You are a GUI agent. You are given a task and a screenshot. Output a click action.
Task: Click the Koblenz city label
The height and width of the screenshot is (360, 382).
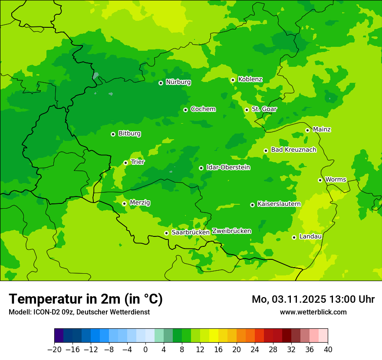pyautogui.click(x=250, y=79)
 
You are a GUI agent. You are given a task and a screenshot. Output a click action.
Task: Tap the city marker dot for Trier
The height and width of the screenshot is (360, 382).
pyautogui.click(x=125, y=163)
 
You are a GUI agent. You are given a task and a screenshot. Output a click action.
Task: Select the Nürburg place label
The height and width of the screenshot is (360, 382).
pyautogui.click(x=178, y=82)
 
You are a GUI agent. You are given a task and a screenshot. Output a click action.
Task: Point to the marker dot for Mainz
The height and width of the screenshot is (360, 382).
pyautogui.click(x=307, y=130)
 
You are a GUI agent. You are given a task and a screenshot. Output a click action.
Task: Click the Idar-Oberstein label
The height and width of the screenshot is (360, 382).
pyautogui.click(x=228, y=167)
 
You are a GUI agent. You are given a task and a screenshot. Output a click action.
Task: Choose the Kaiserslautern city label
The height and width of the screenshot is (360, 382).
pyautogui.click(x=279, y=204)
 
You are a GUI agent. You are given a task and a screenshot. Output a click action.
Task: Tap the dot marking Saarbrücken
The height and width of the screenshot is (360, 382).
pyautogui.click(x=166, y=233)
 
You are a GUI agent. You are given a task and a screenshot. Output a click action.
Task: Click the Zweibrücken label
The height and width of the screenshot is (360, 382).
pyautogui.click(x=231, y=231)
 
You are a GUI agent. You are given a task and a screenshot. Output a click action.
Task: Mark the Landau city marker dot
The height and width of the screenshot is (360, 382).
pyautogui.click(x=294, y=237)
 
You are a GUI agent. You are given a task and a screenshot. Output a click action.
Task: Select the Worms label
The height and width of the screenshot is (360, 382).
pyautogui.click(x=336, y=180)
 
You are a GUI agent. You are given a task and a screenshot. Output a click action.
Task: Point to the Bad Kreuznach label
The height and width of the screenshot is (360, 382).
pyautogui.click(x=293, y=150)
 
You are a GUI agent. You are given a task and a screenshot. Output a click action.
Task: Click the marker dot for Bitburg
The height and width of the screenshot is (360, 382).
pyautogui.click(x=113, y=134)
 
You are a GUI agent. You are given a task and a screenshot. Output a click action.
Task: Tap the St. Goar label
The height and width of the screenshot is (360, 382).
pyautogui.click(x=264, y=109)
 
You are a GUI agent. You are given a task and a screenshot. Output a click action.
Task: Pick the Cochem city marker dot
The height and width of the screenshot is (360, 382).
pyautogui.click(x=185, y=110)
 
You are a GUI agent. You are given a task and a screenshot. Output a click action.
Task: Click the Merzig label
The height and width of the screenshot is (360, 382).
pyautogui.click(x=140, y=203)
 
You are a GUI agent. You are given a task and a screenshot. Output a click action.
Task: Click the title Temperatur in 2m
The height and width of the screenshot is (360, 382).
pyautogui.click(x=86, y=299)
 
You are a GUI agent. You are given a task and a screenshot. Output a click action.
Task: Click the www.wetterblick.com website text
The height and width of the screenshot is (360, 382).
pyautogui.click(x=313, y=312)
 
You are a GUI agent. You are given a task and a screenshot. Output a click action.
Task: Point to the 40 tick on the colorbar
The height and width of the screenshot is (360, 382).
pyautogui.click(x=328, y=350)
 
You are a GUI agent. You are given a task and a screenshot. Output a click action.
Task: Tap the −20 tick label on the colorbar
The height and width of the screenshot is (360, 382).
pyautogui.click(x=54, y=350)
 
